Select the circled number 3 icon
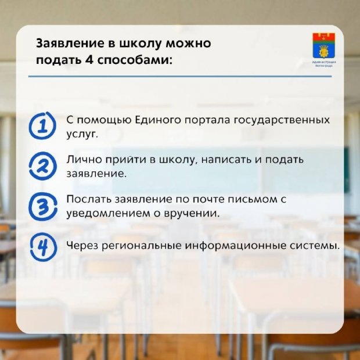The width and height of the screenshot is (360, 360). coord(42,207)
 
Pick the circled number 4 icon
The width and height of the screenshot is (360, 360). coord(42,246)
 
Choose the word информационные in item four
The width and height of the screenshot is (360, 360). coord(229,246)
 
